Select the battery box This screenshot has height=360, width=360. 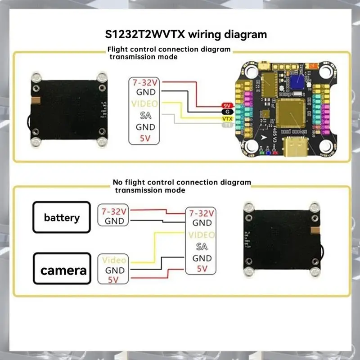(x=62, y=218)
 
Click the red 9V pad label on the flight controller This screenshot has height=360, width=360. (x=227, y=105)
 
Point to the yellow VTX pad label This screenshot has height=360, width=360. (x=227, y=118)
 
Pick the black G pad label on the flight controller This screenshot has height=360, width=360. (x=227, y=112)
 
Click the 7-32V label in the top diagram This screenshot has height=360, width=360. (x=145, y=82)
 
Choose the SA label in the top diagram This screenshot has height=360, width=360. (x=145, y=116)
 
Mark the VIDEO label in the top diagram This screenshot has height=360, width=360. (x=145, y=104)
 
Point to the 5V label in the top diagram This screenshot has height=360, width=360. (x=145, y=138)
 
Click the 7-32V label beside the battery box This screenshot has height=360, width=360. (x=114, y=211)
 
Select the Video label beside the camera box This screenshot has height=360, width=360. (x=114, y=260)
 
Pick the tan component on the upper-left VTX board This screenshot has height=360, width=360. (x=36, y=100)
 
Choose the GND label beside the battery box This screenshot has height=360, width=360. (x=114, y=221)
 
